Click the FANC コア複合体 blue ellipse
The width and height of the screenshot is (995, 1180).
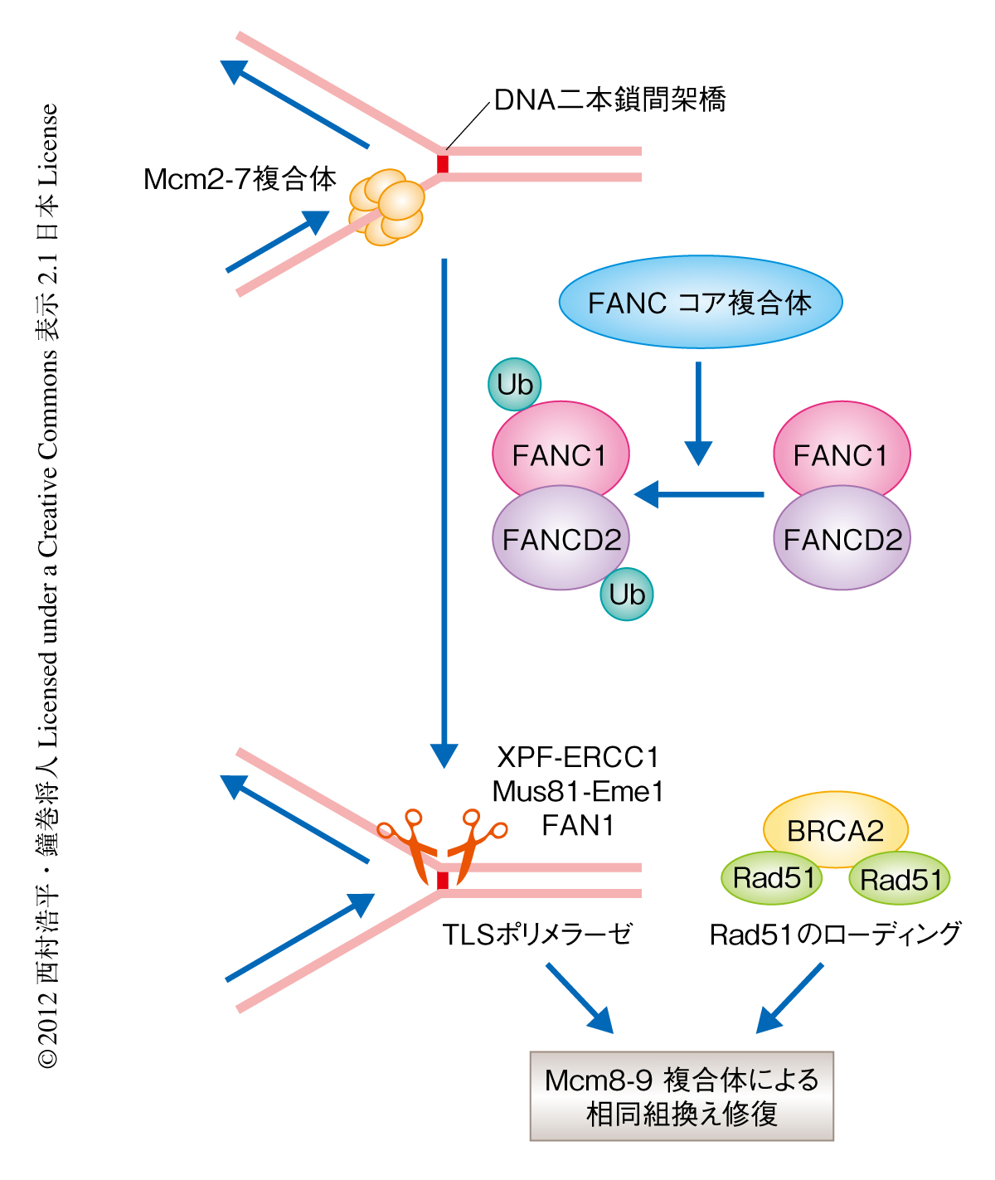click(x=701, y=302)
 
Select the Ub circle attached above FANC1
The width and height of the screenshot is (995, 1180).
click(x=515, y=385)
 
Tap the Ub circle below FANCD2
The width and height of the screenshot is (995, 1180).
click(x=627, y=595)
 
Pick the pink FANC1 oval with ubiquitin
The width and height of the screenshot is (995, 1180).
click(x=561, y=451)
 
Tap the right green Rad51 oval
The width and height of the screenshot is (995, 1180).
click(x=900, y=880)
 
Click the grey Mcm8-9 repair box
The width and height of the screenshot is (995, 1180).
click(x=682, y=1096)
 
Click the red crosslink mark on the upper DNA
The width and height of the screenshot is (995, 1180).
click(x=443, y=163)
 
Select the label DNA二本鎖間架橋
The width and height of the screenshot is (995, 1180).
click(x=609, y=100)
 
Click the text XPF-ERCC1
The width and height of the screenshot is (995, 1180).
click(x=578, y=757)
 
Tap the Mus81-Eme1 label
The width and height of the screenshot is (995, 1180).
click(x=578, y=792)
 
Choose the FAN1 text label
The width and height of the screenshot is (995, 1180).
click(x=578, y=826)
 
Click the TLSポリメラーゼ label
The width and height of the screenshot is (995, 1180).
click(x=537, y=935)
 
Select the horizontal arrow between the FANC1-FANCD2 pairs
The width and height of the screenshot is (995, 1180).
click(x=699, y=494)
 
